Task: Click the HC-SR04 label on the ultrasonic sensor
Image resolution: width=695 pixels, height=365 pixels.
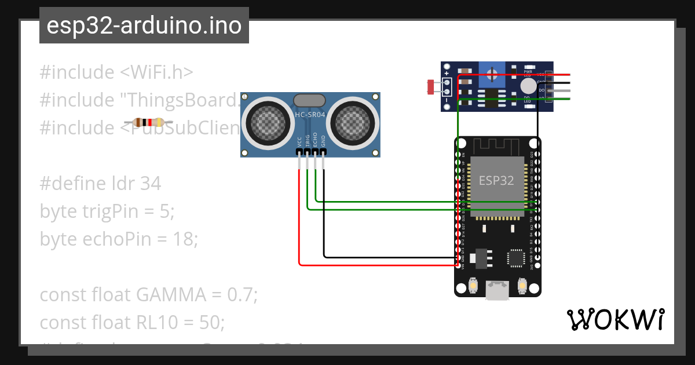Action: pyautogui.click(x=310, y=115)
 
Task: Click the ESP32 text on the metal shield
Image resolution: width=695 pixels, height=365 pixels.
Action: pyautogui.click(x=496, y=180)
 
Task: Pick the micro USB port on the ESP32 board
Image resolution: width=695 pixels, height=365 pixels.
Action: pyautogui.click(x=498, y=290)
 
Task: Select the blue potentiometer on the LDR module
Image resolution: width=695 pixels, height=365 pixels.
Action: pyautogui.click(x=492, y=75)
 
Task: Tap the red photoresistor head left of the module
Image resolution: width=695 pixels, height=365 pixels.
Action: pyautogui.click(x=431, y=87)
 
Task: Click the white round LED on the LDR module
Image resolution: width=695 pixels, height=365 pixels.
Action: pyautogui.click(x=528, y=86)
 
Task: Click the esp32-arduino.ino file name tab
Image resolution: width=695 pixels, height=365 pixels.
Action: pyautogui.click(x=144, y=26)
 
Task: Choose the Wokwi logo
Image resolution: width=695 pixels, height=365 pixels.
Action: pyautogui.click(x=615, y=319)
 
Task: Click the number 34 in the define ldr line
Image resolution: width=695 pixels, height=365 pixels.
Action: pyautogui.click(x=150, y=184)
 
